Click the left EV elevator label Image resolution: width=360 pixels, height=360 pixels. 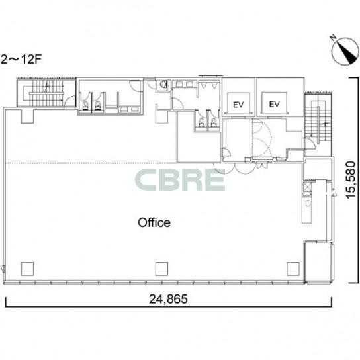tap(238, 105)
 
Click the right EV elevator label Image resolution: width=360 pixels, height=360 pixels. tap(274, 104)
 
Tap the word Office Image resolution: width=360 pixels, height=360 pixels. tap(154, 222)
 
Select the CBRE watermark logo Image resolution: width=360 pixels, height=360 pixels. tap(180, 180)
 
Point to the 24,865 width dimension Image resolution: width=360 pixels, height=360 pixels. tap(168, 299)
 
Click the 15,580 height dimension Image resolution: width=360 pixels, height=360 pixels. tap(351, 180)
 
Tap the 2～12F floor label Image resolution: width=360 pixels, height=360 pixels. tap(21, 60)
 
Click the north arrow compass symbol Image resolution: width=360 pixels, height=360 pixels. tap(345, 52)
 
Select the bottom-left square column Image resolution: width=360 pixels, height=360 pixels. tap(27, 269)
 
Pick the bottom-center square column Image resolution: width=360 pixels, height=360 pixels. tap(161, 269)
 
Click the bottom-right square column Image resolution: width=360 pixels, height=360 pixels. tap(293, 269)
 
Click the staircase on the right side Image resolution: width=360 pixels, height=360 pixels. tap(318, 122)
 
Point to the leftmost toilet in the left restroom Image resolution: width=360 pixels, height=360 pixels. tap(85, 106)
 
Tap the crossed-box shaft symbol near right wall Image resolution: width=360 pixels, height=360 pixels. tap(308, 187)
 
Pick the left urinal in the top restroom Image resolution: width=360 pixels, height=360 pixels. tap(203, 85)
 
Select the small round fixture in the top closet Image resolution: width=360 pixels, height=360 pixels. tap(163, 84)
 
